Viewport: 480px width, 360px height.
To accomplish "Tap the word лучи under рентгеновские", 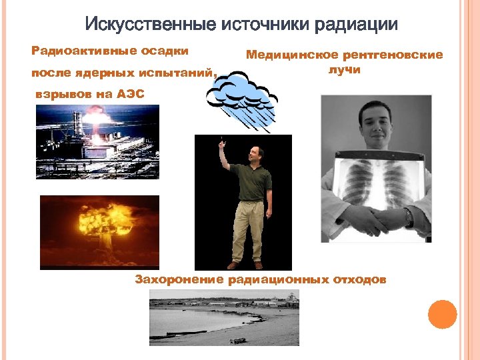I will [x=344, y=70].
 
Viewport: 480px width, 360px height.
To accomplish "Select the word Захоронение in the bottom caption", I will [x=179, y=279].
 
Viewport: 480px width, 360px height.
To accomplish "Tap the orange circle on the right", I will [x=442, y=314].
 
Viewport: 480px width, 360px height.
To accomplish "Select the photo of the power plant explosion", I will [x=97, y=141].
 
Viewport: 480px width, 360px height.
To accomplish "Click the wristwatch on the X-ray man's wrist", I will [x=408, y=217].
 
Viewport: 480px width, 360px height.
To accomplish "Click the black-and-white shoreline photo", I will [x=224, y=321].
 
